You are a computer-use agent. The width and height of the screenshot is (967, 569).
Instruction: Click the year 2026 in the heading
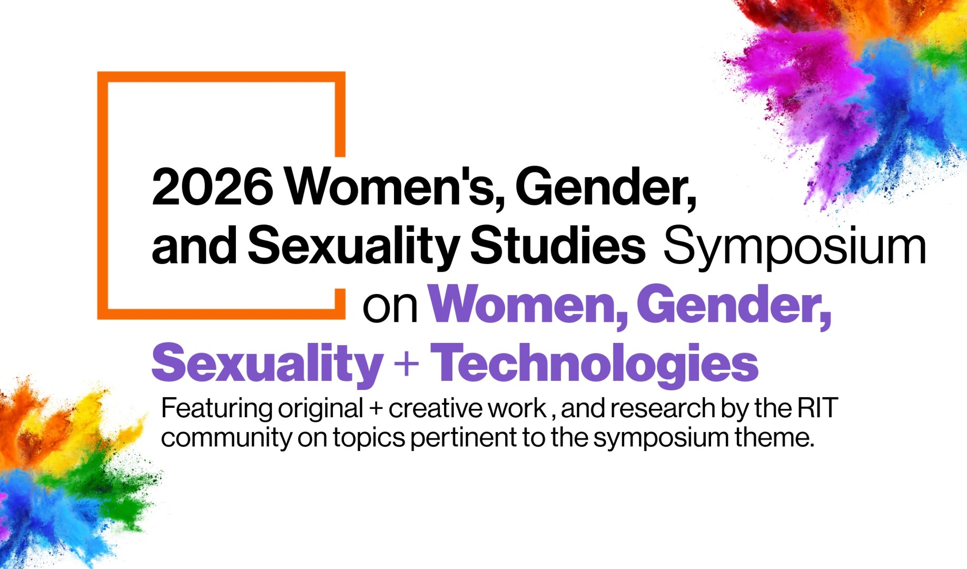click(x=212, y=187)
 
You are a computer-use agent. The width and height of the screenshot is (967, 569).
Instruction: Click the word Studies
click(x=557, y=246)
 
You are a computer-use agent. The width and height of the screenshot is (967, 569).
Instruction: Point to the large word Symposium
click(x=794, y=247)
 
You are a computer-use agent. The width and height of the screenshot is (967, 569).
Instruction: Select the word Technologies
click(x=595, y=364)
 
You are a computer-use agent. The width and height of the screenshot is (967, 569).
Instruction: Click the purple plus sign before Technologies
click(x=407, y=364)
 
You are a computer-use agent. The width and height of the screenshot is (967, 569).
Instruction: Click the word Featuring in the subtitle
click(x=217, y=408)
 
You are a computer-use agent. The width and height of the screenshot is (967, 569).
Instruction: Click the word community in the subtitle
click(x=225, y=438)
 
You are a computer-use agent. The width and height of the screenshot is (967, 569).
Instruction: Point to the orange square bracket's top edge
click(x=221, y=77)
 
